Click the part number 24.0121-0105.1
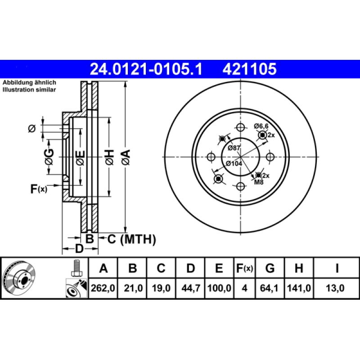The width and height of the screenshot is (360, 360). pyautogui.click(x=147, y=69)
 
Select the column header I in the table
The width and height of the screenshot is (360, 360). pyautogui.click(x=337, y=269)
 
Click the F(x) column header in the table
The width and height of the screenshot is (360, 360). pyautogui.click(x=245, y=269)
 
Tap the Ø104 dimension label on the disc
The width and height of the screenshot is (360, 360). pyautogui.click(x=234, y=163)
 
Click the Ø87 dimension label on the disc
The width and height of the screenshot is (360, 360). pyautogui.click(x=234, y=148)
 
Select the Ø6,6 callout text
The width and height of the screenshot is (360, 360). pyautogui.click(x=261, y=126)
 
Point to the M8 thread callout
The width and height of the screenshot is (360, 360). pyautogui.click(x=259, y=182)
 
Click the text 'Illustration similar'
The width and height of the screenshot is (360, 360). pyautogui.click(x=29, y=90)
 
